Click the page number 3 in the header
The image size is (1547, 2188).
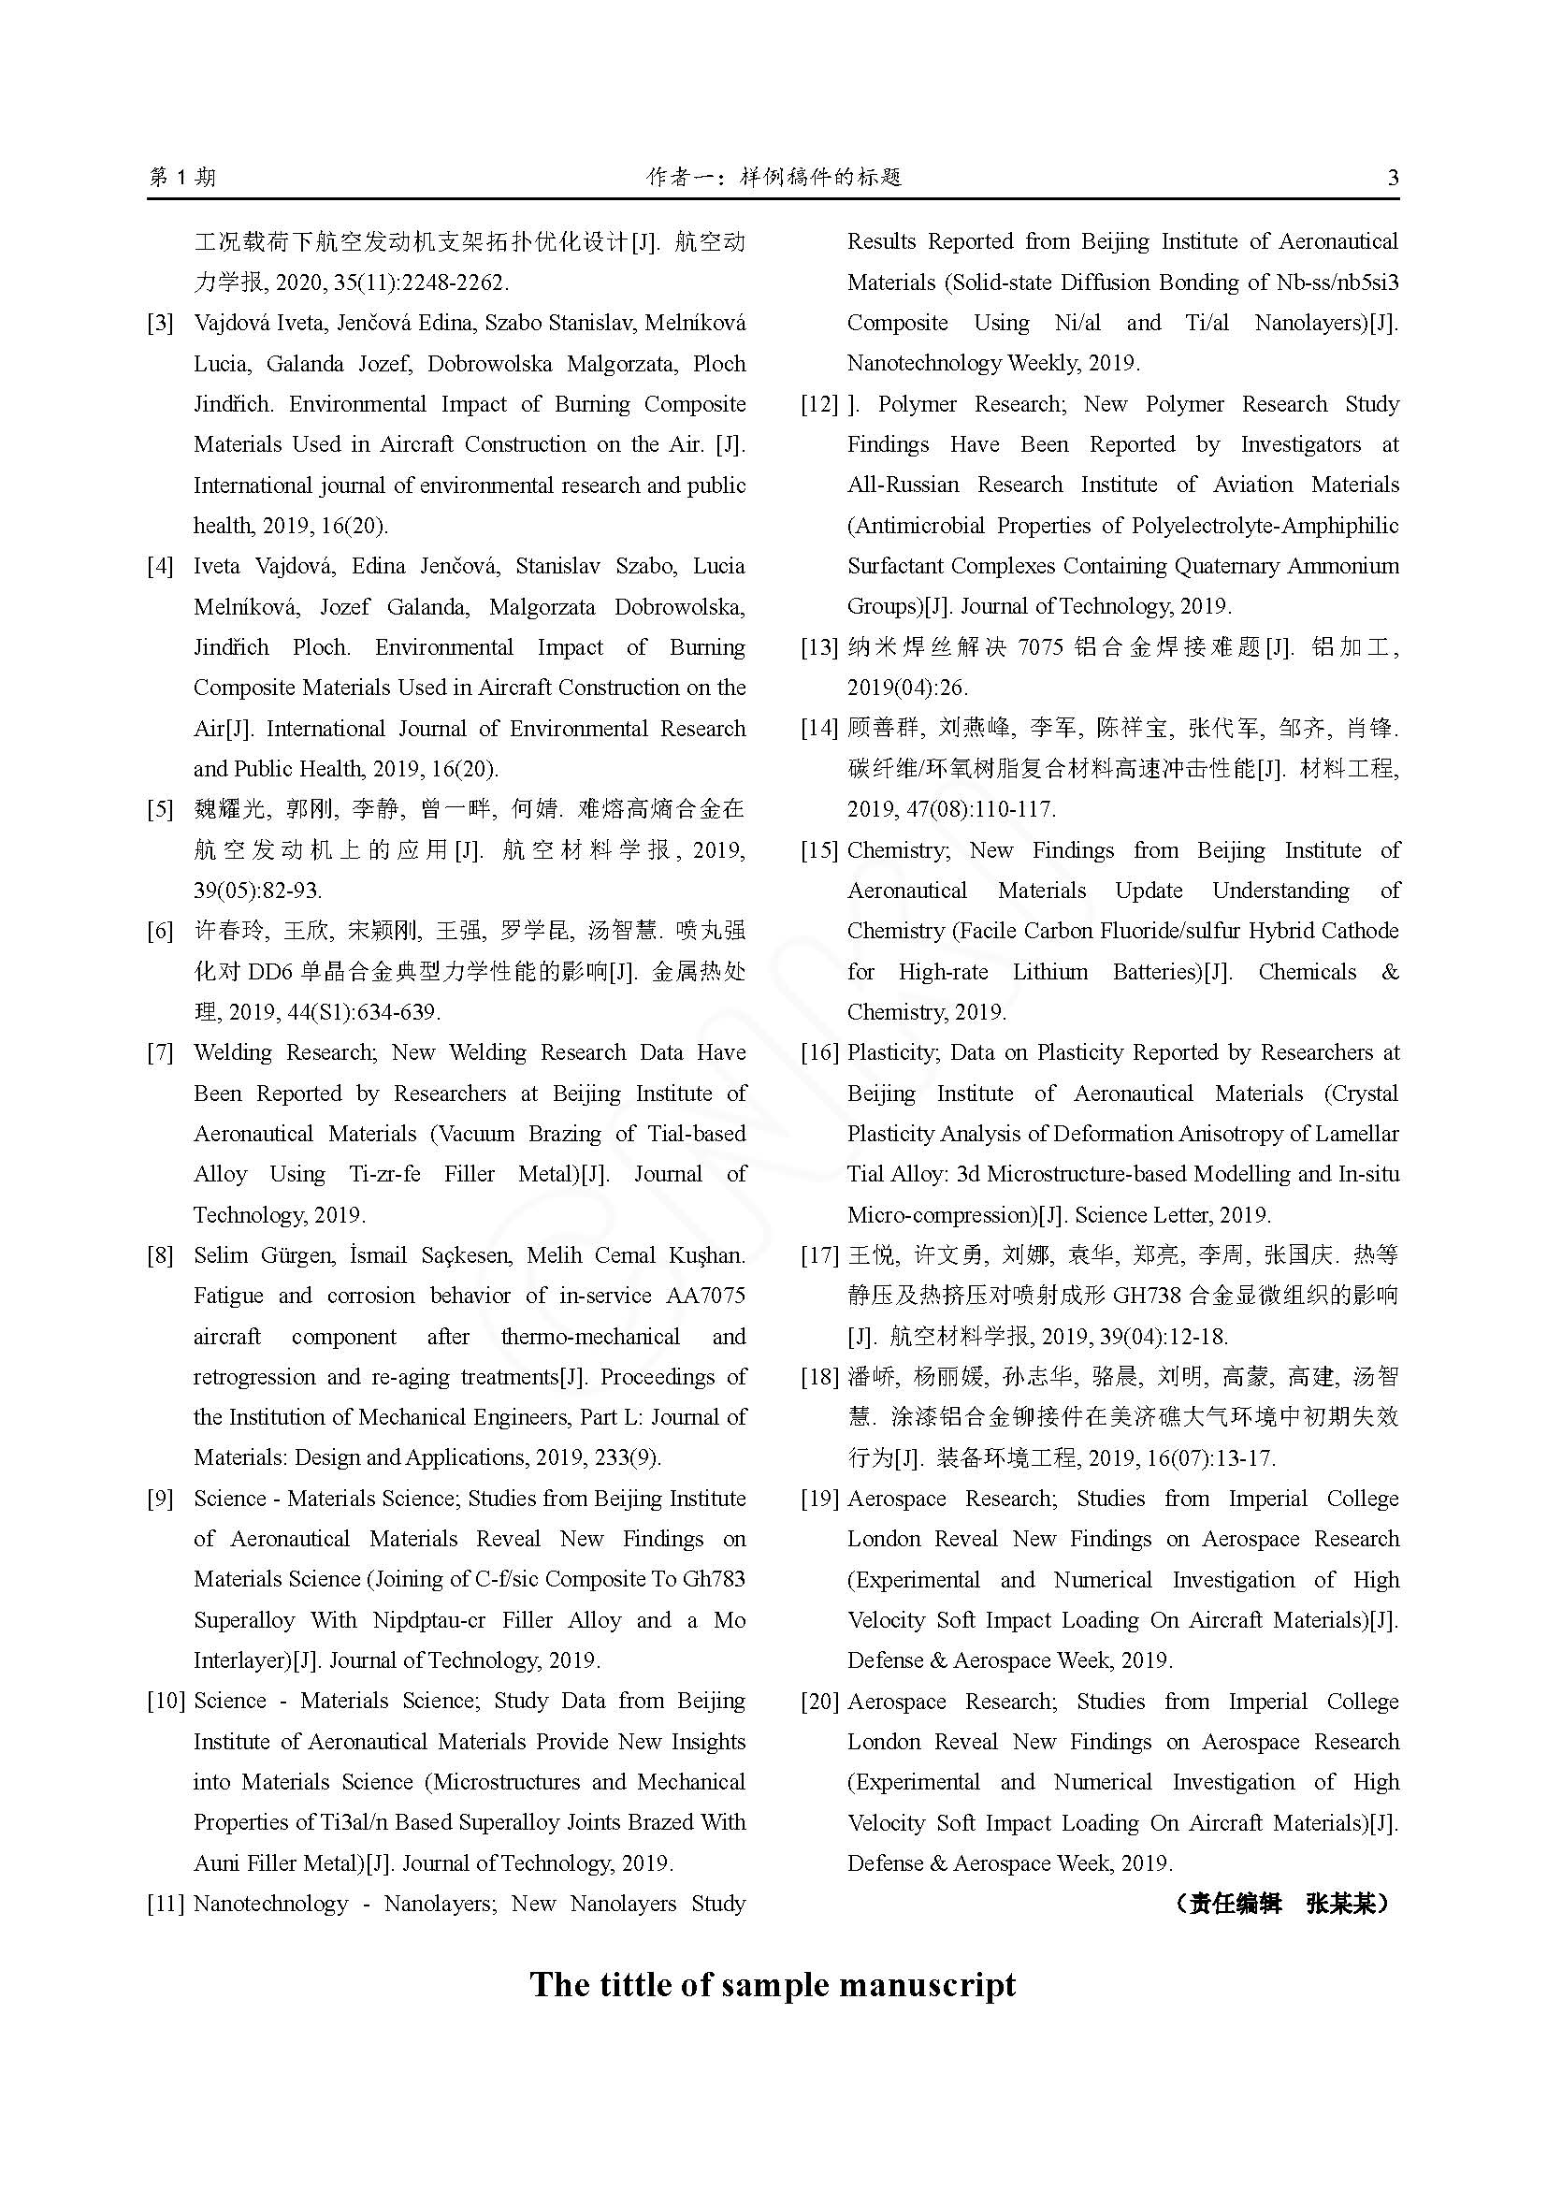click(1394, 177)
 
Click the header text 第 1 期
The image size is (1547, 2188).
click(183, 177)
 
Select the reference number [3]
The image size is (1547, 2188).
click(160, 323)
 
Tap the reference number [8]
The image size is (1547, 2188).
click(160, 1255)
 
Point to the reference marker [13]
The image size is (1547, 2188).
click(819, 648)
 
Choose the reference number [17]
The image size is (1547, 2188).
click(819, 1255)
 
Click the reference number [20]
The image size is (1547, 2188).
click(819, 1701)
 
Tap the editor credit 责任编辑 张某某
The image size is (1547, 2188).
click(1281, 1904)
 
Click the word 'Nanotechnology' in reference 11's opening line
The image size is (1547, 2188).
click(269, 1904)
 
